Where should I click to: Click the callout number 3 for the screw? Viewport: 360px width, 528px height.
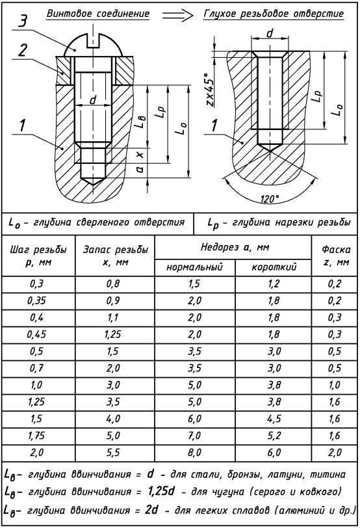23,22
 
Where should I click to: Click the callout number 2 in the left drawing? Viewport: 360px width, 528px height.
22,51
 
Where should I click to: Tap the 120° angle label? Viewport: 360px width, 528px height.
270,199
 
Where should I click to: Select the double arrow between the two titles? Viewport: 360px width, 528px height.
177,15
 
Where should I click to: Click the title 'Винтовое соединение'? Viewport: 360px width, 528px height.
98,14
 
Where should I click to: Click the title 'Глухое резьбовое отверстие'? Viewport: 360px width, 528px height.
274,14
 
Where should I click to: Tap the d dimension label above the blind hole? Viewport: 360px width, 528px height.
270,33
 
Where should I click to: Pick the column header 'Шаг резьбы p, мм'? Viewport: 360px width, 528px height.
38,256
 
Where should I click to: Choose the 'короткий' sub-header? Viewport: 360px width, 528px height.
274,267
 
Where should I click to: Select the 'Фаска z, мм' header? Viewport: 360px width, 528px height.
335,256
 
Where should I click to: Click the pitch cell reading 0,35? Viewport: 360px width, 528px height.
36,300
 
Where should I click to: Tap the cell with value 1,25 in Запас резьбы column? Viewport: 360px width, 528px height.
113,334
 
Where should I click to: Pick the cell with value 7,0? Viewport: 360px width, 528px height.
194,436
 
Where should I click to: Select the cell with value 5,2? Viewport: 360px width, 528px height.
274,436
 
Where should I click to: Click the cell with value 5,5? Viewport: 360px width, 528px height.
113,453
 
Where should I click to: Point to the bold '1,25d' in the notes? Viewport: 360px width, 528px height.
161,492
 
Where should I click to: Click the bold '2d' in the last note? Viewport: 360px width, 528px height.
152,510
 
